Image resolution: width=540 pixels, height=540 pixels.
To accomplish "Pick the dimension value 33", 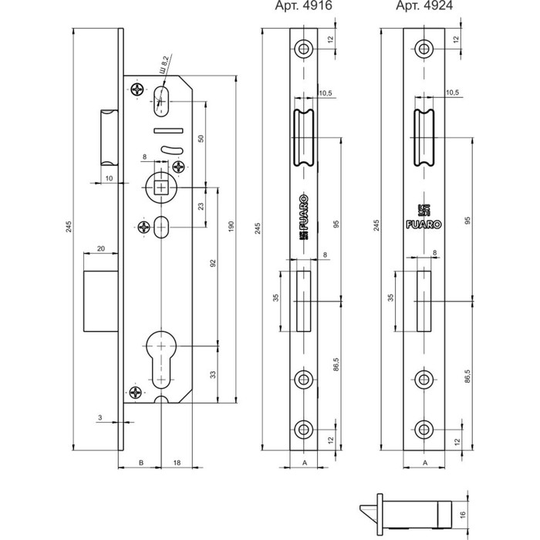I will pos(212,376).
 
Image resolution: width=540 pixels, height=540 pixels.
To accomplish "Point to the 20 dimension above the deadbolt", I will pos(101,249).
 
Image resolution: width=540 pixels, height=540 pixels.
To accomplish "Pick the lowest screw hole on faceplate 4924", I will pos(422,429).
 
